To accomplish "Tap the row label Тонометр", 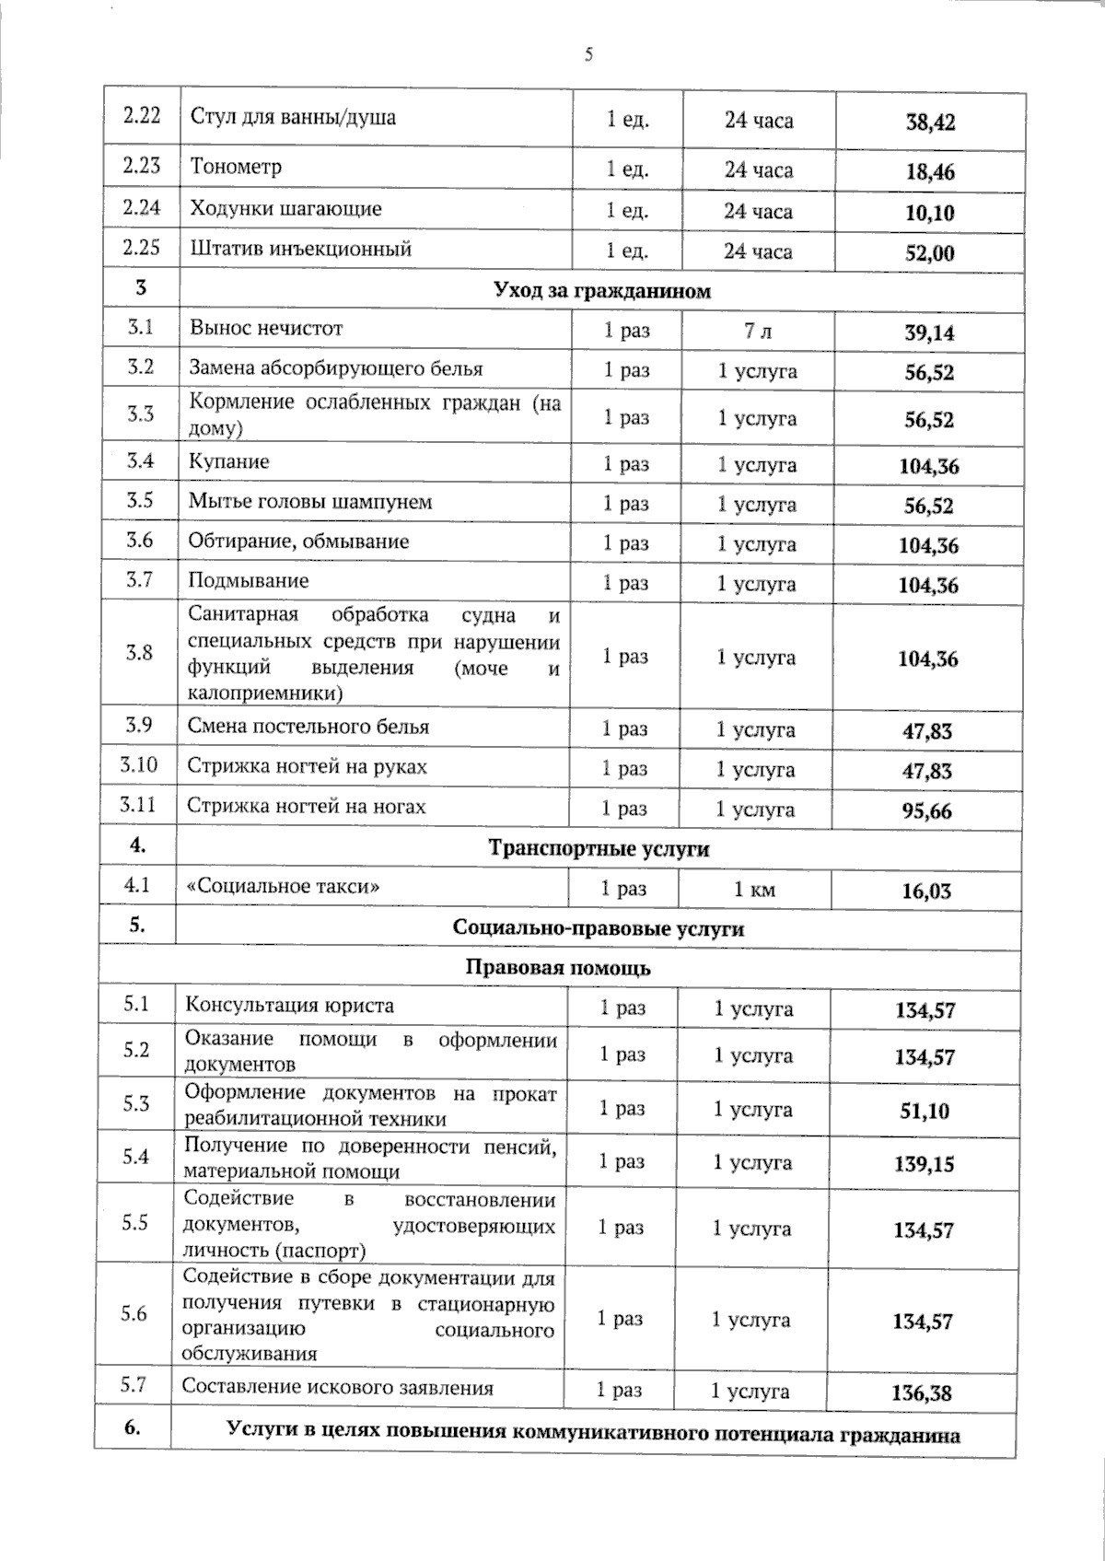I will click(x=236, y=167).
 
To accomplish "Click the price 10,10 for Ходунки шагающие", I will click(x=929, y=213).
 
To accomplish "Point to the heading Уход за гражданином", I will click(x=602, y=291).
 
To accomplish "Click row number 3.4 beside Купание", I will click(x=140, y=460).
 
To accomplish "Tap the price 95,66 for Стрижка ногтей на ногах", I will click(x=926, y=811).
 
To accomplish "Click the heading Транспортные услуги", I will click(x=599, y=848).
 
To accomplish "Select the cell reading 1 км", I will click(x=754, y=890).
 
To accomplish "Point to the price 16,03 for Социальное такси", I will click(x=926, y=891).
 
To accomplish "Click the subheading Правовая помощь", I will click(x=558, y=968).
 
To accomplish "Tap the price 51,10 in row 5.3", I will click(x=925, y=1111).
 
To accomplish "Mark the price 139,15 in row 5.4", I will click(x=925, y=1164).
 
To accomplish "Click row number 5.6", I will click(x=134, y=1313).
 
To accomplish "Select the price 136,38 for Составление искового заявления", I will click(x=922, y=1392).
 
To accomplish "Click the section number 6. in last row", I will click(x=132, y=1427).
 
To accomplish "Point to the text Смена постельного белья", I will click(x=308, y=727).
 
